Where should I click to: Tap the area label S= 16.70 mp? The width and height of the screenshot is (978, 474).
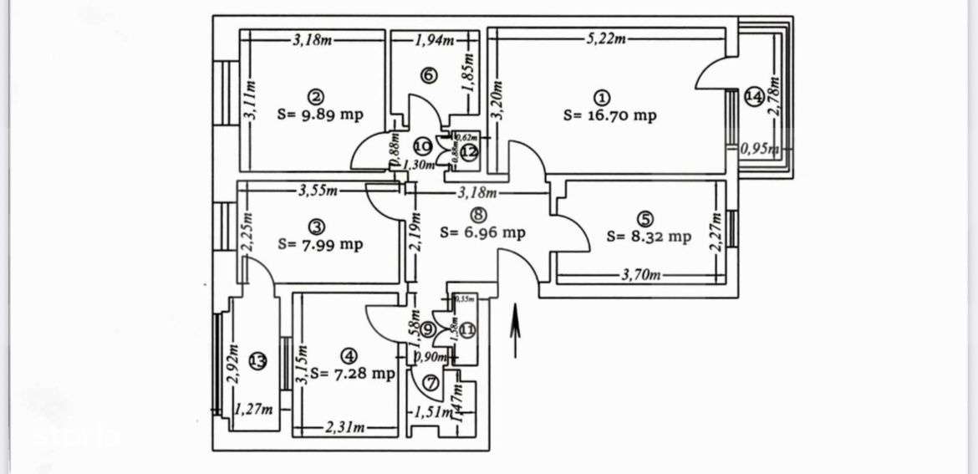pyautogui.click(x=609, y=115)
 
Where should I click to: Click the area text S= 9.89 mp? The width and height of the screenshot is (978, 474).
pyautogui.click(x=319, y=115)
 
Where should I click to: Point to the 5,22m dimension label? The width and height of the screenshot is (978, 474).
pyautogui.click(x=606, y=38)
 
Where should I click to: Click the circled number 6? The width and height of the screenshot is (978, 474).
pyautogui.click(x=428, y=75)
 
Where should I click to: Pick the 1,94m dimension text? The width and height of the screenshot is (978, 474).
pyautogui.click(x=435, y=39)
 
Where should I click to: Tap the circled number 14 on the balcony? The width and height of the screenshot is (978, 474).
pyautogui.click(x=753, y=97)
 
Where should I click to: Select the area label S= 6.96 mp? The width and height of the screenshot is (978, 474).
pyautogui.click(x=482, y=232)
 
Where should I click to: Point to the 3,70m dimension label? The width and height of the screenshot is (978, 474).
pyautogui.click(x=640, y=274)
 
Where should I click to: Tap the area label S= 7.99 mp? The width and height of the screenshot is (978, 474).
pyautogui.click(x=320, y=244)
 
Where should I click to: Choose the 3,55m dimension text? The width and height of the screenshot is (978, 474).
pyautogui.click(x=318, y=191)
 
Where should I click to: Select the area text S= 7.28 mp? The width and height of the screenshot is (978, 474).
pyautogui.click(x=351, y=373)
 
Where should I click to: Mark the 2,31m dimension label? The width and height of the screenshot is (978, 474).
pyautogui.click(x=345, y=428)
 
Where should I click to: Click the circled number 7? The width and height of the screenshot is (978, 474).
pyautogui.click(x=431, y=384)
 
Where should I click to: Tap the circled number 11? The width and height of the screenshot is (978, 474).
pyautogui.click(x=466, y=329)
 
